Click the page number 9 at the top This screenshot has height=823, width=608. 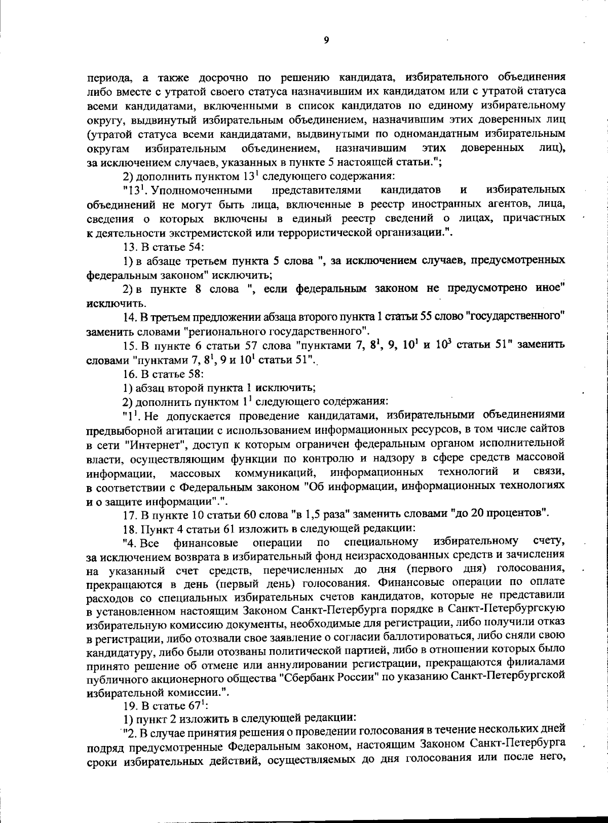(x=326, y=41)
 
